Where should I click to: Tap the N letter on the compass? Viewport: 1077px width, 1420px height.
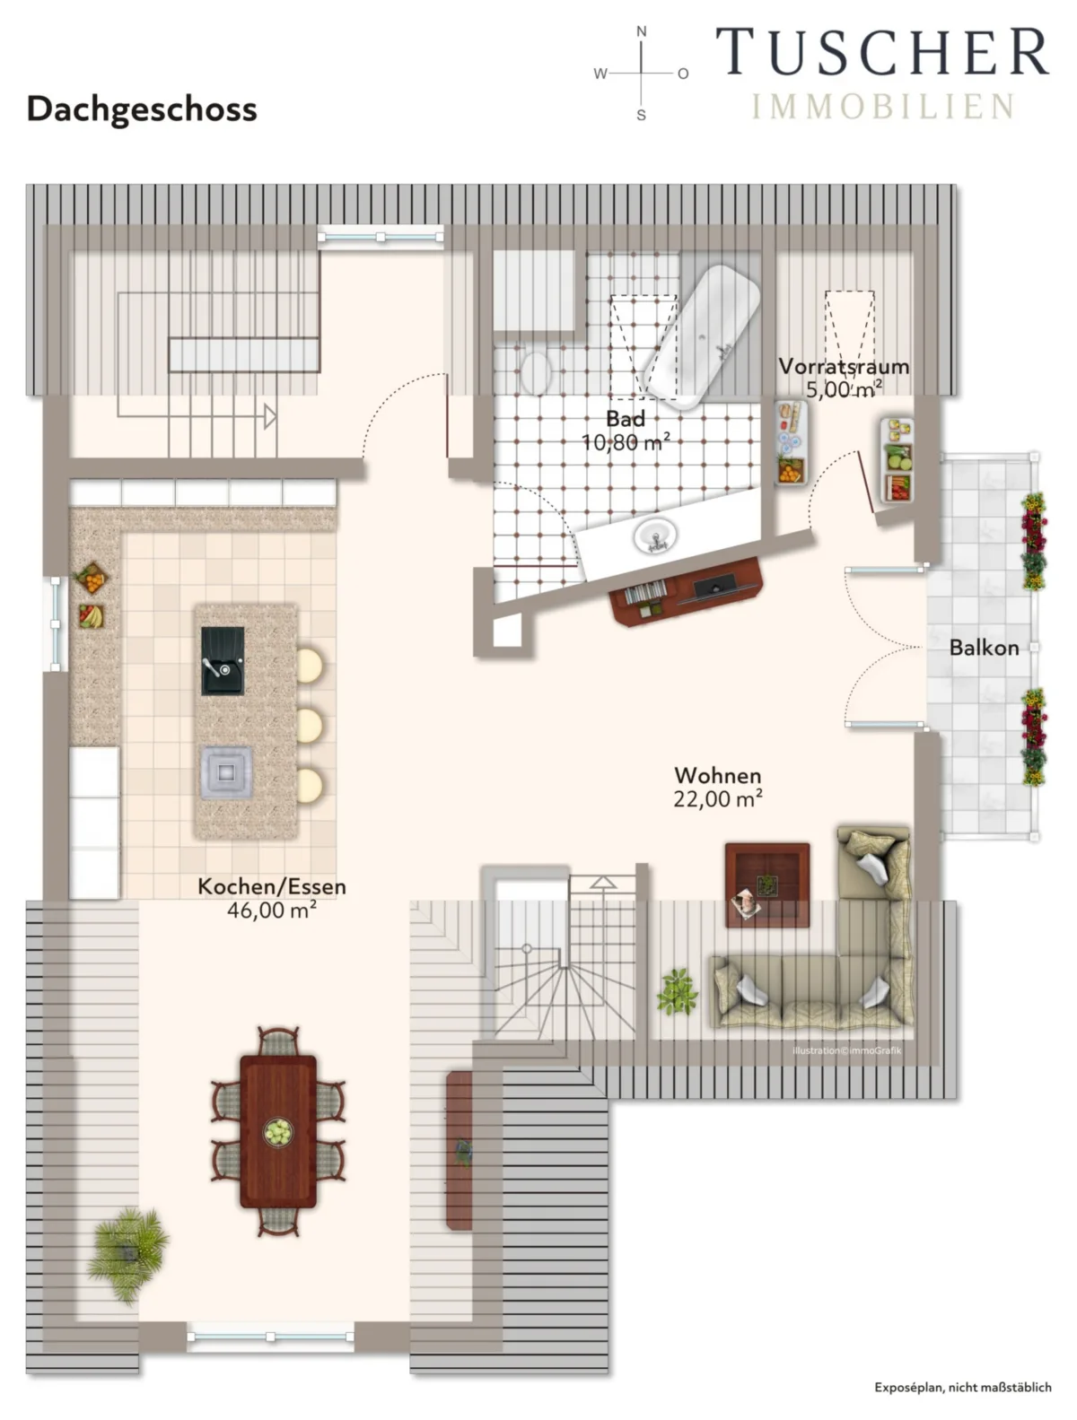pos(642,31)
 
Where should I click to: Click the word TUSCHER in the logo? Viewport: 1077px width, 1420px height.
pos(881,52)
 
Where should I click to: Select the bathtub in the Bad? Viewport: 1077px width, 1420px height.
pos(702,336)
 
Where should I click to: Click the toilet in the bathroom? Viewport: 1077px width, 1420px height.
pos(535,372)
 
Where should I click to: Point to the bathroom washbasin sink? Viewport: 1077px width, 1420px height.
pos(656,536)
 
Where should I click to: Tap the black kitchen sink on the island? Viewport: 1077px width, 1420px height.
pos(223,660)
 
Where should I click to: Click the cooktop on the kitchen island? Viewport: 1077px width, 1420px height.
pos(226,771)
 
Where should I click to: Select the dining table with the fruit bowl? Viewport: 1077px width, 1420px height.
pos(278,1132)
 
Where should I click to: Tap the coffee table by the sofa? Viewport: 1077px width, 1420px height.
pos(767,884)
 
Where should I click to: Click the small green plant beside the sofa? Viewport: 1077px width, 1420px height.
pos(677,990)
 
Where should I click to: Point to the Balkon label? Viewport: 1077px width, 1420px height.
pos(984,648)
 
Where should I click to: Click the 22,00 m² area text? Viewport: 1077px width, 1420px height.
pos(718,799)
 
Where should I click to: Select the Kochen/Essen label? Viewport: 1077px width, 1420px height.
pos(272,886)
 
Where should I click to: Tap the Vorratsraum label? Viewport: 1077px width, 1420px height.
pos(844,366)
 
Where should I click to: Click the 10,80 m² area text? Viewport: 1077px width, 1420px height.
pos(626,442)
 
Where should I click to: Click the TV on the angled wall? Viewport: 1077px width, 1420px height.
pos(718,586)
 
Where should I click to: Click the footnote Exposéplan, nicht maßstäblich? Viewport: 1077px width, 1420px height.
pos(962,1387)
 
